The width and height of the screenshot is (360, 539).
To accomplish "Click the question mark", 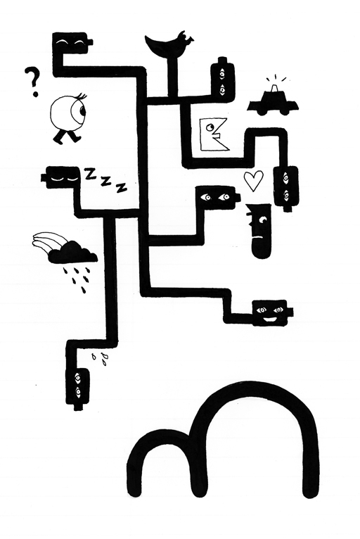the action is (33, 82).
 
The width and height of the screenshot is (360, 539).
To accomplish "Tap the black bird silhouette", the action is (168, 46).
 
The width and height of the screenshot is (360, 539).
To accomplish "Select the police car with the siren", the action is (273, 100).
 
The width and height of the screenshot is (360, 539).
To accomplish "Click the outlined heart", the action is (254, 180).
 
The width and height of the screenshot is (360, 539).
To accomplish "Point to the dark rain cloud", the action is (73, 253).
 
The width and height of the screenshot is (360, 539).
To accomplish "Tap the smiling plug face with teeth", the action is (272, 312).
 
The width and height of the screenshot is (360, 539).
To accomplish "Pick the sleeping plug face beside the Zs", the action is (62, 178).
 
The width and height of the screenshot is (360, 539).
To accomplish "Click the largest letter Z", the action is (90, 174).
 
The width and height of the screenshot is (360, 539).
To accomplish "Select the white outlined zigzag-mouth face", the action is (214, 134).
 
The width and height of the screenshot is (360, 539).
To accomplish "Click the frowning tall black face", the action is (259, 230).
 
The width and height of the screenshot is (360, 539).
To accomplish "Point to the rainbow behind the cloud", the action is (48, 241).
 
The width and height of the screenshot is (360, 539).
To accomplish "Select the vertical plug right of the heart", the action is (285, 188).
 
